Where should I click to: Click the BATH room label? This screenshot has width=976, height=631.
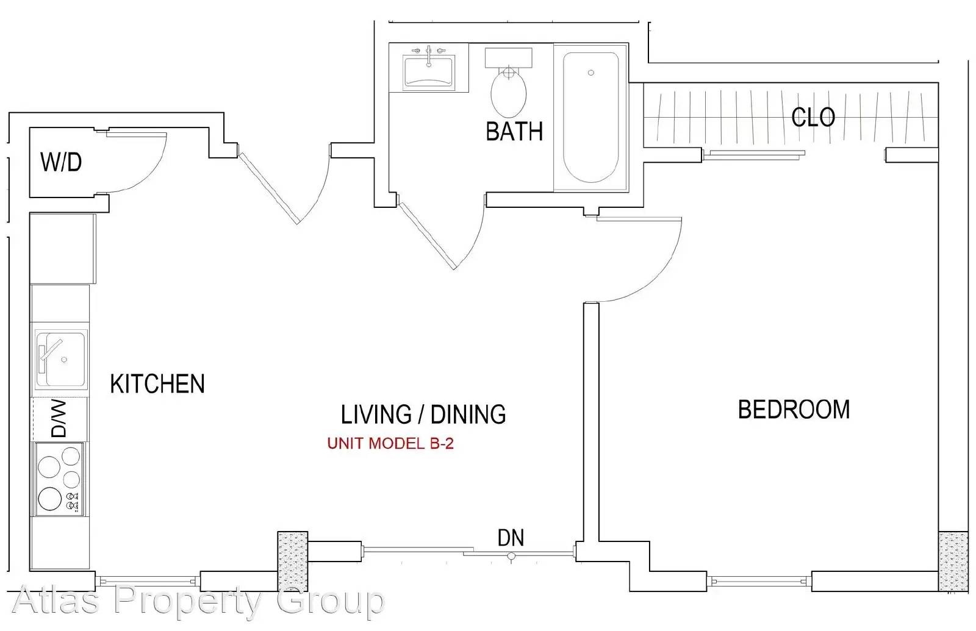coord(514,131)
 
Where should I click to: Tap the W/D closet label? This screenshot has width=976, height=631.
coord(61,162)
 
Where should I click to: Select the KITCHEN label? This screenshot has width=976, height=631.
coord(157,383)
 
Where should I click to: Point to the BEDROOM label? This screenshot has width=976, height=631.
coord(794,409)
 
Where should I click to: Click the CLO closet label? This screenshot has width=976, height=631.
coord(813,117)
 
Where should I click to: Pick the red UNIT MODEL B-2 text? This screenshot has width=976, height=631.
coord(390,443)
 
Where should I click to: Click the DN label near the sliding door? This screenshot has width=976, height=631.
coord(511,537)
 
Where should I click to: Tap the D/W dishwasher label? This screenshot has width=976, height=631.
coord(59,418)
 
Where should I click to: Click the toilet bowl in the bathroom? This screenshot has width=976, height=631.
coord(509,92)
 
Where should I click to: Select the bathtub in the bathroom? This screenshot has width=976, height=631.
coord(591,118)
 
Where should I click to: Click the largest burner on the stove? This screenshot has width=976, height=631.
coord(49,498)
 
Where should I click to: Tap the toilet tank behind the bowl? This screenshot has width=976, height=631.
coord(509,57)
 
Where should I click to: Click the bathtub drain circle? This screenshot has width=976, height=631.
coord(591,73)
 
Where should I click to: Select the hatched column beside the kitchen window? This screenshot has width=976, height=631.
coord(293,561)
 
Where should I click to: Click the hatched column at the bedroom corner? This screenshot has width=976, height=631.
coord(953,561)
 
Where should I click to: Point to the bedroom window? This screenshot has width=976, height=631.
coord(759,581)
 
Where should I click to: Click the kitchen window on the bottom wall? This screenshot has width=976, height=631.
coord(148,581)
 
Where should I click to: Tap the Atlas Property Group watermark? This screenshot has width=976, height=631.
coord(198,601)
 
